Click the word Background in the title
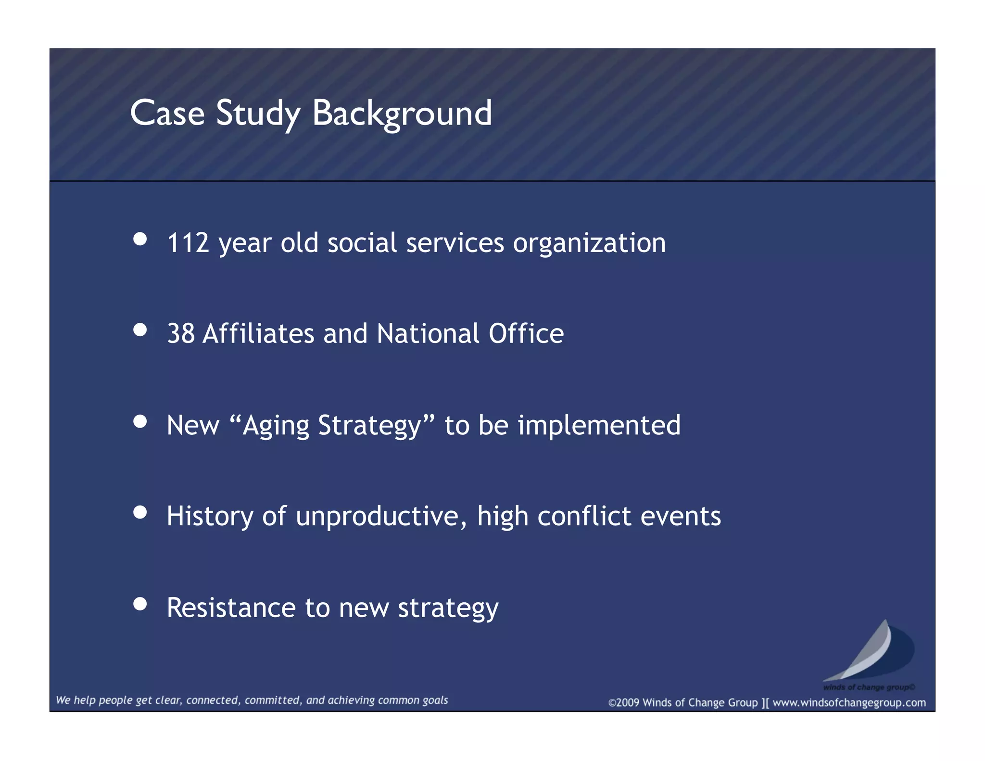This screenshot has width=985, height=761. tap(402, 114)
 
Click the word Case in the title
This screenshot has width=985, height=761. tap(167, 114)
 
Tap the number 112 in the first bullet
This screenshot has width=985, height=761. tap(188, 242)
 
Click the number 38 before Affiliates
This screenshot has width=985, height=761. tap(181, 333)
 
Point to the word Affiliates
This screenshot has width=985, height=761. tap(258, 333)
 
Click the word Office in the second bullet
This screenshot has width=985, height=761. tap(526, 333)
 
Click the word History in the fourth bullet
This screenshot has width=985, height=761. tap(210, 516)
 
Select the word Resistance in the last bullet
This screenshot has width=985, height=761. tap(231, 608)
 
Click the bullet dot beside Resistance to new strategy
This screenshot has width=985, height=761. tap(140, 604)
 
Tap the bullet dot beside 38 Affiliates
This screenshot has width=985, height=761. tap(140, 330)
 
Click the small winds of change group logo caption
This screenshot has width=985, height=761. tap(869, 687)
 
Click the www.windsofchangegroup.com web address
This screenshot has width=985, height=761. tap(849, 703)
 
